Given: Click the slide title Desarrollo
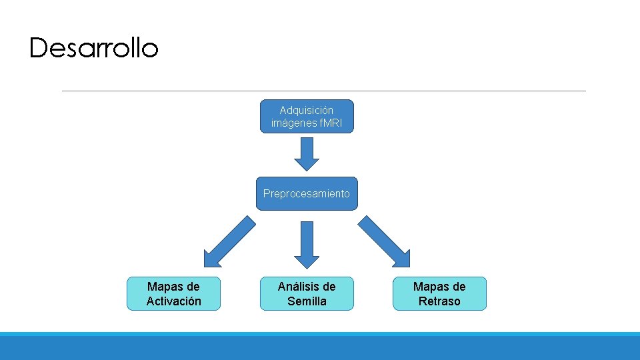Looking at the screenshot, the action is pyautogui.click(x=94, y=48).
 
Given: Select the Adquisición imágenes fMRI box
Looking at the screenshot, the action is pyautogui.click(x=307, y=117).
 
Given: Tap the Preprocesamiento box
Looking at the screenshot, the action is pyautogui.click(x=307, y=194).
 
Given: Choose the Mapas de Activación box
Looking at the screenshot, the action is pyautogui.click(x=173, y=294).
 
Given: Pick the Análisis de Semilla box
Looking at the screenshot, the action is pyautogui.click(x=307, y=294).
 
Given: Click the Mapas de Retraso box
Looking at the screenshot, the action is pyautogui.click(x=439, y=294).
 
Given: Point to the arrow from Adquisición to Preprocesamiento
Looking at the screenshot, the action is pyautogui.click(x=307, y=154).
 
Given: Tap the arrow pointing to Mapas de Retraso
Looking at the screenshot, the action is pyautogui.click(x=385, y=242).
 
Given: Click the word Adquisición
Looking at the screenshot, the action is pyautogui.click(x=307, y=110).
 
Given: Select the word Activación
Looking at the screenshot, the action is pyautogui.click(x=173, y=301).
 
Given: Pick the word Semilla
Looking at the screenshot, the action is pyautogui.click(x=307, y=301).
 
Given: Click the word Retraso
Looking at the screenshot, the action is pyautogui.click(x=439, y=301).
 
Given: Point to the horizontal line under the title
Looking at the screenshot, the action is pyautogui.click(x=323, y=91).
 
